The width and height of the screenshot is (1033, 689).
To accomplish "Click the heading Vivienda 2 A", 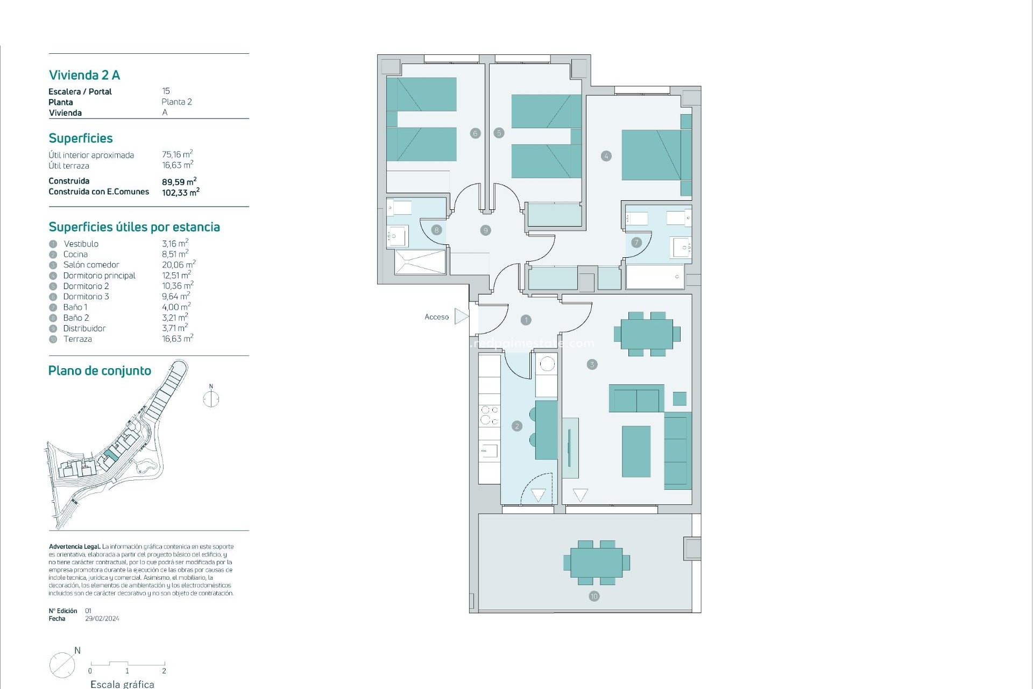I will [84, 75].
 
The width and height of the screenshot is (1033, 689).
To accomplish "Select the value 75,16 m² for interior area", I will [177, 154].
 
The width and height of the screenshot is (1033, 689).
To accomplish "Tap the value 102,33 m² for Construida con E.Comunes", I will [180, 192].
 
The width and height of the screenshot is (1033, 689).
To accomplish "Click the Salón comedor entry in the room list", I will [91, 265].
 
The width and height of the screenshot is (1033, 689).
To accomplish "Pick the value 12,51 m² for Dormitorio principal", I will [176, 275].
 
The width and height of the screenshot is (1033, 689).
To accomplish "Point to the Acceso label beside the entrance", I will [436, 317].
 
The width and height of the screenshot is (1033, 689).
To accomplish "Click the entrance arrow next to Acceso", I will [461, 317].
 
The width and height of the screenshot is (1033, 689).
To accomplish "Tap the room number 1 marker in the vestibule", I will [526, 320].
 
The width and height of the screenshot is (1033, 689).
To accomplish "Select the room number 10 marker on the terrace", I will [594, 596].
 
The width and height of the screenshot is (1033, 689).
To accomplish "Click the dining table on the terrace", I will [596, 563].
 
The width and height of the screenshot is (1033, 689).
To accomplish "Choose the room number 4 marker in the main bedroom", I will [606, 156].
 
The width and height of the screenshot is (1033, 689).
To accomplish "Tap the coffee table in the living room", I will [636, 451].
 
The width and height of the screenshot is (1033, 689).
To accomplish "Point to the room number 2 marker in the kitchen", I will [517, 426].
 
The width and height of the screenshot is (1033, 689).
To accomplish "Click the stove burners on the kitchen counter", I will [489, 415].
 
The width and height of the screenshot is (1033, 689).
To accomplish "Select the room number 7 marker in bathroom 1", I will [636, 242].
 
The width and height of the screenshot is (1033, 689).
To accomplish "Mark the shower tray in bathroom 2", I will [420, 262].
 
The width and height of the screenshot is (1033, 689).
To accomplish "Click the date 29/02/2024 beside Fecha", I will [102, 618].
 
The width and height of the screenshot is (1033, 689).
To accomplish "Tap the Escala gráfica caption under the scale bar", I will [122, 684].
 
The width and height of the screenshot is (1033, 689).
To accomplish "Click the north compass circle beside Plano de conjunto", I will [211, 399].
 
